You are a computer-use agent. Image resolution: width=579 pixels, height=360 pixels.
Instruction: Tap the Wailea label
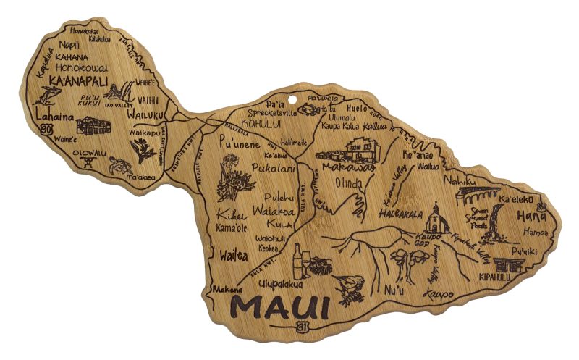[231, 255]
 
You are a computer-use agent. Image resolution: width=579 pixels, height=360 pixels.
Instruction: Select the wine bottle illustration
[297, 260]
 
